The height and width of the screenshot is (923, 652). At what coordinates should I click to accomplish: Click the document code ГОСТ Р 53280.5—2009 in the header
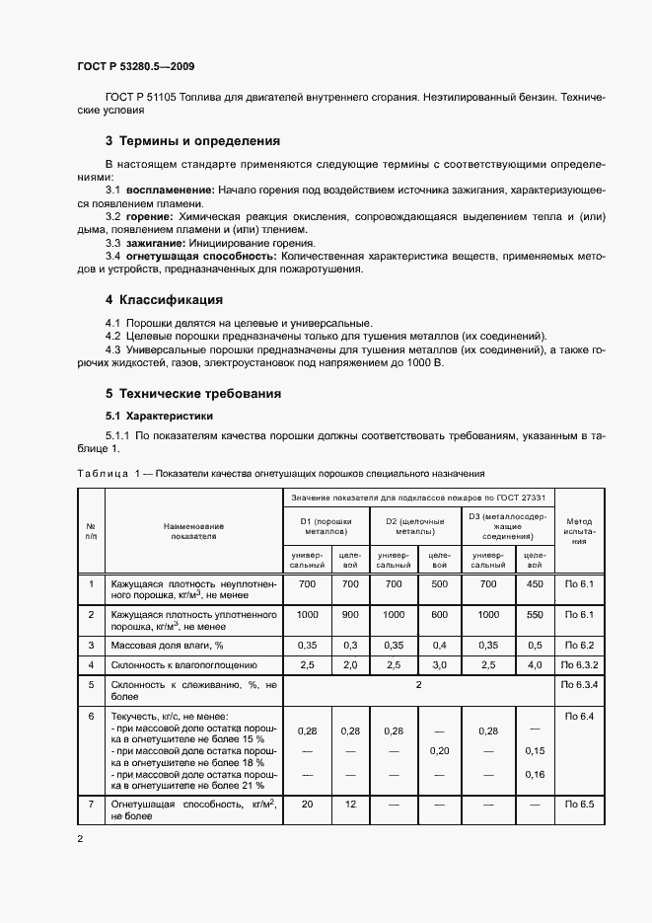135,66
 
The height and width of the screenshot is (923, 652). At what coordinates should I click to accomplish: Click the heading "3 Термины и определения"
192,141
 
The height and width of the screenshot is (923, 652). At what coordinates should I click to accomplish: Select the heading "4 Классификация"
164,299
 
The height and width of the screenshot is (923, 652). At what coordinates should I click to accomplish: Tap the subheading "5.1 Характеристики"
159,416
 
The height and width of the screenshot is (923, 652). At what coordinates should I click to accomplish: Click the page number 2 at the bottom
80,839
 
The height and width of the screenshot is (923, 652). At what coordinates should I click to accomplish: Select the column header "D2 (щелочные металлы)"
414,526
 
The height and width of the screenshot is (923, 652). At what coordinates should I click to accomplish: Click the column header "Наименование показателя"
194,531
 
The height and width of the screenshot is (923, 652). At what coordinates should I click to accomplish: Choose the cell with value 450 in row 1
535,584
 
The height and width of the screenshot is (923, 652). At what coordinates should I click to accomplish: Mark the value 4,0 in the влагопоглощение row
535,665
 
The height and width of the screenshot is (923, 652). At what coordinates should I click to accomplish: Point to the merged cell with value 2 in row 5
418,683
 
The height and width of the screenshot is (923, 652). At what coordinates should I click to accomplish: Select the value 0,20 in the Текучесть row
441,750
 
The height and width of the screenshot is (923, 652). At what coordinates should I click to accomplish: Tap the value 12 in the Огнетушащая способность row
349,806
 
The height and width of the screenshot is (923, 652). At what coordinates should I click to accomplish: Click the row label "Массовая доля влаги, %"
165,645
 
